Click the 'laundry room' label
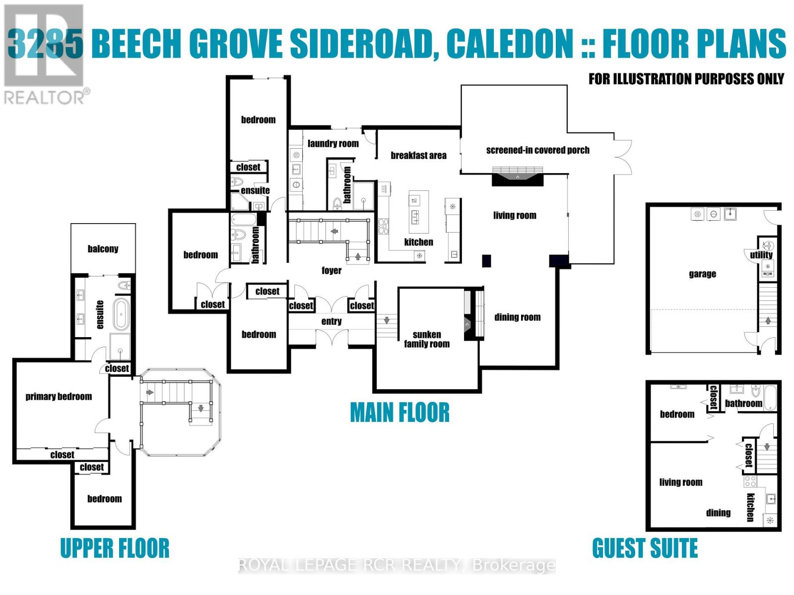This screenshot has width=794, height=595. point(333,143)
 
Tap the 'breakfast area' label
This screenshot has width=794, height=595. point(418,155)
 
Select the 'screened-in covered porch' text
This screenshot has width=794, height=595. point(537,150)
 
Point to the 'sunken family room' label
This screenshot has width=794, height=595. point(426,339)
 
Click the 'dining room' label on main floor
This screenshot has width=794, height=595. point(517,317)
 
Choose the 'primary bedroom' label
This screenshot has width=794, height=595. point(59,396)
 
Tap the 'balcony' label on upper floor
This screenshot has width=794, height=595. point(103,248)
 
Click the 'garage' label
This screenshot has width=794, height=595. point(702,274)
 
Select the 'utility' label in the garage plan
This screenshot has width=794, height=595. point(761,255)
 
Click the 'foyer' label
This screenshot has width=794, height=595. point(331,270)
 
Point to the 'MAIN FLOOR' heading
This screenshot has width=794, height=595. point(399,413)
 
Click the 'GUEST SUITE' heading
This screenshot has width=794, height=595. point(645,548)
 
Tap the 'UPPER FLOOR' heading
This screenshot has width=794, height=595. point(115,548)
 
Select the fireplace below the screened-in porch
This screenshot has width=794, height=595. point(518,176)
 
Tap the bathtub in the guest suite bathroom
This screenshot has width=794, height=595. point(769,398)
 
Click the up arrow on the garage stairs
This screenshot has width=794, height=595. point(768,320)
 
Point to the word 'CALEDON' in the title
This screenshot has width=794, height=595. point(510,44)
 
